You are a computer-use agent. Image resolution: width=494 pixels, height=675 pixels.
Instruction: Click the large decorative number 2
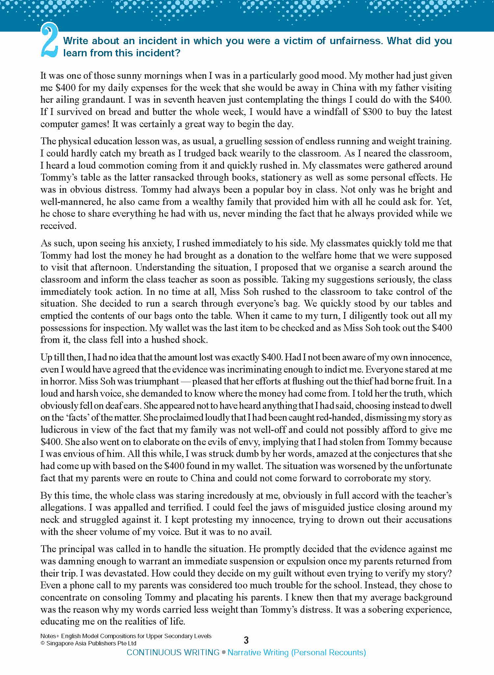coord(49,41)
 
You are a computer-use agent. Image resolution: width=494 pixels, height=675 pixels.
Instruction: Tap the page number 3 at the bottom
coord(246,640)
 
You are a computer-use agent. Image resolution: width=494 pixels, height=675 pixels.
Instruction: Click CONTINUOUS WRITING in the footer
coord(173,653)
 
